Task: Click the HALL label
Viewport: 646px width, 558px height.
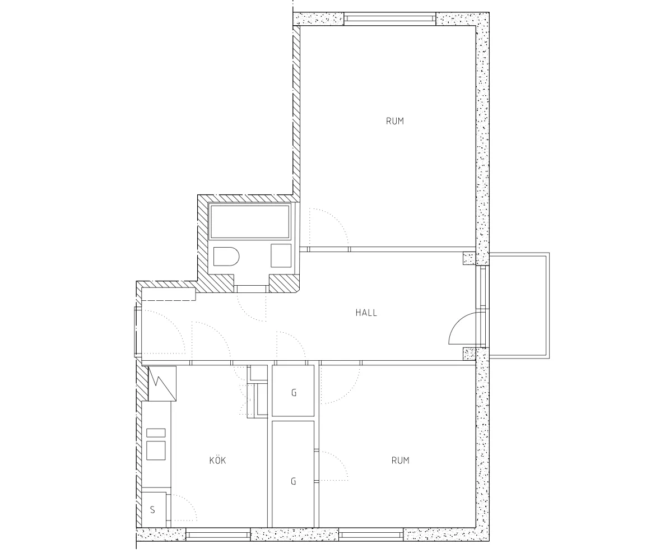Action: [x=366, y=313]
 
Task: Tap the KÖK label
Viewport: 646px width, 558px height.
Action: [x=217, y=461]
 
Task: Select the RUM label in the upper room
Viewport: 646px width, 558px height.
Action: [x=394, y=121]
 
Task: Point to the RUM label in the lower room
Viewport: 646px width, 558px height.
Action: [x=400, y=461]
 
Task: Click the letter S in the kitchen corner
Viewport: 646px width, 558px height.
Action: [x=152, y=510]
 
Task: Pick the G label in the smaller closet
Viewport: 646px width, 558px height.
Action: [x=294, y=393]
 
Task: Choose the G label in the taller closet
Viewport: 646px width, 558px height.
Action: [x=294, y=481]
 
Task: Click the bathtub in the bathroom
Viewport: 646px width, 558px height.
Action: [x=250, y=221]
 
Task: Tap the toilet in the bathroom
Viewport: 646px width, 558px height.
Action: [x=226, y=257]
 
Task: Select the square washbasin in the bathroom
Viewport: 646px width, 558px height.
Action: [x=281, y=255]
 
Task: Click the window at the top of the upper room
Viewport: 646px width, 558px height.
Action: [x=389, y=19]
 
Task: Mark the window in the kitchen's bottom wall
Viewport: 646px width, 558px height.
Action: [x=217, y=536]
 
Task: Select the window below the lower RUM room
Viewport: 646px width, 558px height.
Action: [x=371, y=536]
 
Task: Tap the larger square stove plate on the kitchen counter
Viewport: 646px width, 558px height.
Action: [x=156, y=449]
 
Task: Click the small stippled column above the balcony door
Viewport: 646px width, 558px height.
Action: [x=469, y=258]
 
